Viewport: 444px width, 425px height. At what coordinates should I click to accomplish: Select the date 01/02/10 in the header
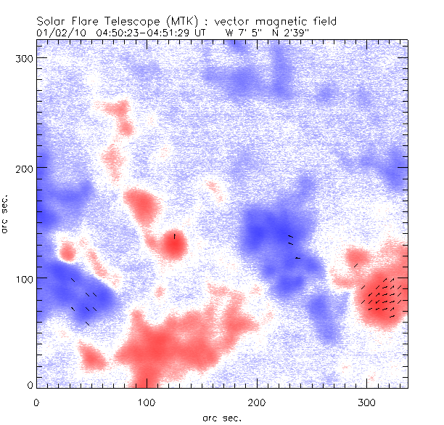(59, 32)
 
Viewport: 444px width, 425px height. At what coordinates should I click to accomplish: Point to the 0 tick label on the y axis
(30, 385)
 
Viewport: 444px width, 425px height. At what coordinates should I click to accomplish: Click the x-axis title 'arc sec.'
(221, 417)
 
